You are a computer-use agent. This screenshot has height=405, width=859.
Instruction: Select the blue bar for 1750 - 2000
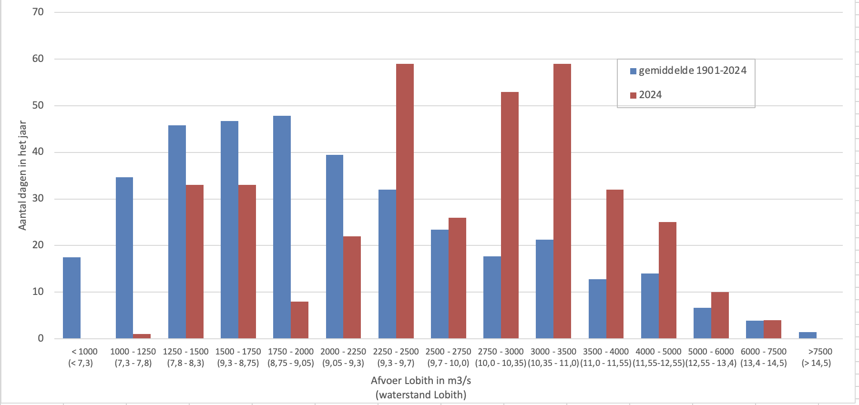(x=282, y=227)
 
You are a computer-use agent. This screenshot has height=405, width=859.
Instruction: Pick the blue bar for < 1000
(x=72, y=298)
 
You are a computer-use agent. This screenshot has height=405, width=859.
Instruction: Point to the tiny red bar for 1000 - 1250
(x=142, y=336)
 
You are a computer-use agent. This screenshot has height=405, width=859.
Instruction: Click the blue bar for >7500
(x=808, y=335)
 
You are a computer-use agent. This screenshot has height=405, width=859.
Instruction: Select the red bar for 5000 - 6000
(x=720, y=315)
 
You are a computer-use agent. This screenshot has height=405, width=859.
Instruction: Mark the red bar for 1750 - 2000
(x=299, y=320)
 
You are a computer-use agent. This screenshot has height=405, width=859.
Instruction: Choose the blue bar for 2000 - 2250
(x=334, y=246)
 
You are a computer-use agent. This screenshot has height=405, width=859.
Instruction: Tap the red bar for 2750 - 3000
(x=510, y=215)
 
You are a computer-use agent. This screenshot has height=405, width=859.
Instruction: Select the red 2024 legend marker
(x=633, y=95)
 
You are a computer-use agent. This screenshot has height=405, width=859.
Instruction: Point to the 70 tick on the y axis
(x=38, y=12)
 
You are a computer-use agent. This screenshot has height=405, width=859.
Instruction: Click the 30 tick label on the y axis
(x=38, y=198)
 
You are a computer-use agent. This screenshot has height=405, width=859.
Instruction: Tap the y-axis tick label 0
(x=41, y=338)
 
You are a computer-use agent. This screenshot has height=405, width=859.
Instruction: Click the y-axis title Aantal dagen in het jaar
(x=22, y=175)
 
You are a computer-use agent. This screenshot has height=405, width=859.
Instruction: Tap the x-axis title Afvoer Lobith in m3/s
(x=420, y=381)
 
